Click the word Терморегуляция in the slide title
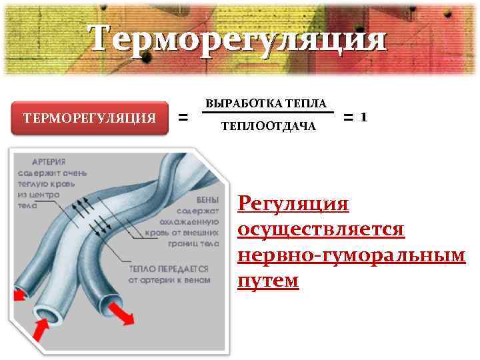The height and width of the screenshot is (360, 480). click(x=238, y=38)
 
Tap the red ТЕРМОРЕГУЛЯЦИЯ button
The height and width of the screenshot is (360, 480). click(x=90, y=118)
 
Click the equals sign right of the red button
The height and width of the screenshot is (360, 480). click(x=184, y=119)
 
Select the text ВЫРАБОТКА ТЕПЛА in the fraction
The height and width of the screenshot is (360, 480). click(x=266, y=104)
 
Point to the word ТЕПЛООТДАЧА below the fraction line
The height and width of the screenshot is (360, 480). click(x=268, y=126)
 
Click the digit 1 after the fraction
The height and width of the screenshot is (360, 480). click(x=363, y=117)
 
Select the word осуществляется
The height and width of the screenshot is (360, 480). click(x=321, y=229)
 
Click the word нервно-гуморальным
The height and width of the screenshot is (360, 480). click(x=351, y=255)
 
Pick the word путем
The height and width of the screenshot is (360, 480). click(x=268, y=281)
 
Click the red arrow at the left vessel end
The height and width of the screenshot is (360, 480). click(x=20, y=293)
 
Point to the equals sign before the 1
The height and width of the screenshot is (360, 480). click(x=348, y=118)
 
